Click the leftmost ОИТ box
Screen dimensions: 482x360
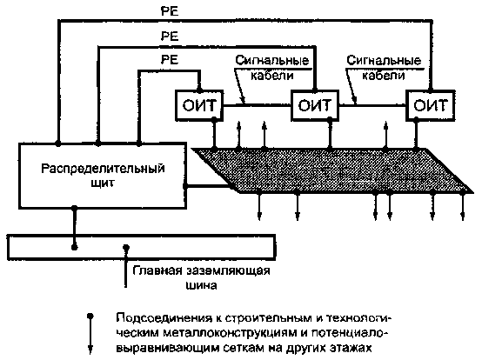pos(199,105)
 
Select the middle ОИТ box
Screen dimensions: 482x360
pos(315,105)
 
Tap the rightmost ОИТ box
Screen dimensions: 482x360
pos(430,105)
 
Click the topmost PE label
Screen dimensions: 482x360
pos(170,11)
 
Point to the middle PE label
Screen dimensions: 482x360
pos(170,37)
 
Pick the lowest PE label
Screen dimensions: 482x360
pos(170,59)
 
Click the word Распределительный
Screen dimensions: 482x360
pos(103,169)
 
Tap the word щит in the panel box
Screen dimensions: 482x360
pos(103,183)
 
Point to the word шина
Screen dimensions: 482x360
pos(201,285)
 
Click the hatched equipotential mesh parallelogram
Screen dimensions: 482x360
pos(332,170)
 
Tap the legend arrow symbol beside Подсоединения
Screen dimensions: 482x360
pos(90,333)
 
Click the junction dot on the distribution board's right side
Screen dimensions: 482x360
pos(185,186)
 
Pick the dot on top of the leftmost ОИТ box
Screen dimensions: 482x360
pos(199,90)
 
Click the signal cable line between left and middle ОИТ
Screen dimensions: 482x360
pos(257,105)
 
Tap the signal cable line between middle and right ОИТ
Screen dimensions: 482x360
pos(372,105)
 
